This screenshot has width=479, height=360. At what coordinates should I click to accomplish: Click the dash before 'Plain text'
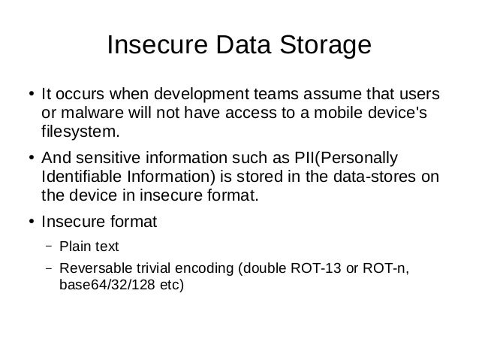tap(47, 246)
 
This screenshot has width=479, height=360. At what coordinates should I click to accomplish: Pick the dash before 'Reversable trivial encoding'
tap(47, 269)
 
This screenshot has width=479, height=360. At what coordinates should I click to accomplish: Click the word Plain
tap(74, 247)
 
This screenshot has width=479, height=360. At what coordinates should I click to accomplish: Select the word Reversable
tap(94, 270)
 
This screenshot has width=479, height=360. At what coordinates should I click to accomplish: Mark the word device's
tap(405, 114)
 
